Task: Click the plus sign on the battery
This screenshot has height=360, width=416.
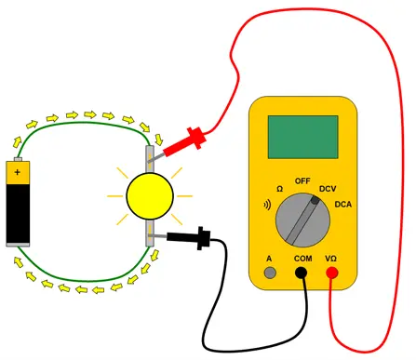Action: (18, 172)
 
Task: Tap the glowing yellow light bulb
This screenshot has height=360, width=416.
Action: (150, 196)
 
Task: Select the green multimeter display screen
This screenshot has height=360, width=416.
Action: (302, 137)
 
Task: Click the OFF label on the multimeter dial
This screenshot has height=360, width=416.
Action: (302, 180)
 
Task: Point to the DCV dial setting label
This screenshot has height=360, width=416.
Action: (328, 189)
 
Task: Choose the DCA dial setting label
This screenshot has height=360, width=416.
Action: (343, 205)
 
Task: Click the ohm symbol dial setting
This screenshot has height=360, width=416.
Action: (279, 189)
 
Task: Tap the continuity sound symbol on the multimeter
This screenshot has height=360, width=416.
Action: (267, 205)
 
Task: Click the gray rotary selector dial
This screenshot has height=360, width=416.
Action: (302, 220)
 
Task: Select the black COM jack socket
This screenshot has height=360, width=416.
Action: (301, 273)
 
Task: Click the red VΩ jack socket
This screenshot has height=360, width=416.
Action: (331, 273)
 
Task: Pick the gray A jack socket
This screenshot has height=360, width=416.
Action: (270, 273)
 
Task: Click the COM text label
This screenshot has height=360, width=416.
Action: (303, 259)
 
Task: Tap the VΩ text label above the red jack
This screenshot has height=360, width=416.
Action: (331, 259)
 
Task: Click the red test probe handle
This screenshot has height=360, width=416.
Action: (185, 141)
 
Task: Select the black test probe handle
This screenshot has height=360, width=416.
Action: (189, 237)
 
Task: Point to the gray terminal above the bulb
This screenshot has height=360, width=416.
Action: (150, 159)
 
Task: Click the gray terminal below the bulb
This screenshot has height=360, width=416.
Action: (150, 233)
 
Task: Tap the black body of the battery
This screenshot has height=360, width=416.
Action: (18, 213)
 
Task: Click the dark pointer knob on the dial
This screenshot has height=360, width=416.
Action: (315, 201)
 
